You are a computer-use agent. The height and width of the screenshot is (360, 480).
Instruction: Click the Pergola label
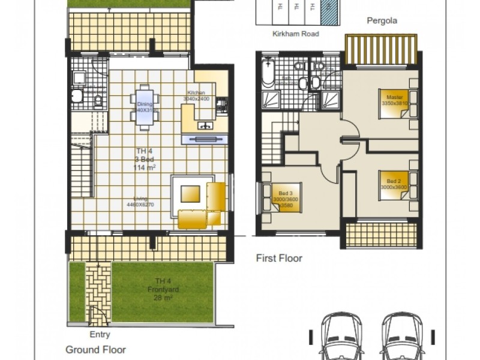[x=382, y=20]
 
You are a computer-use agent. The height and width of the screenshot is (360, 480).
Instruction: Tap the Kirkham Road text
[x=295, y=34]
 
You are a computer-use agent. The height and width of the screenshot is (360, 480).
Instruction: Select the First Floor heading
[x=279, y=259]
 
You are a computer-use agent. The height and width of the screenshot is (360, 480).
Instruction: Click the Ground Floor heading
[x=95, y=349]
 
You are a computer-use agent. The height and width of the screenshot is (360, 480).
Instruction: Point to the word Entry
[x=100, y=335]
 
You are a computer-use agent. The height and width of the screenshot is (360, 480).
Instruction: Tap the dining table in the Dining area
[x=143, y=107]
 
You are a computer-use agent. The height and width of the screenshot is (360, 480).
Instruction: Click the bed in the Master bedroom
[x=394, y=100]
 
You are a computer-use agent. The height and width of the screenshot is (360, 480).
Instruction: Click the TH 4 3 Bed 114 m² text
[x=143, y=159]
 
